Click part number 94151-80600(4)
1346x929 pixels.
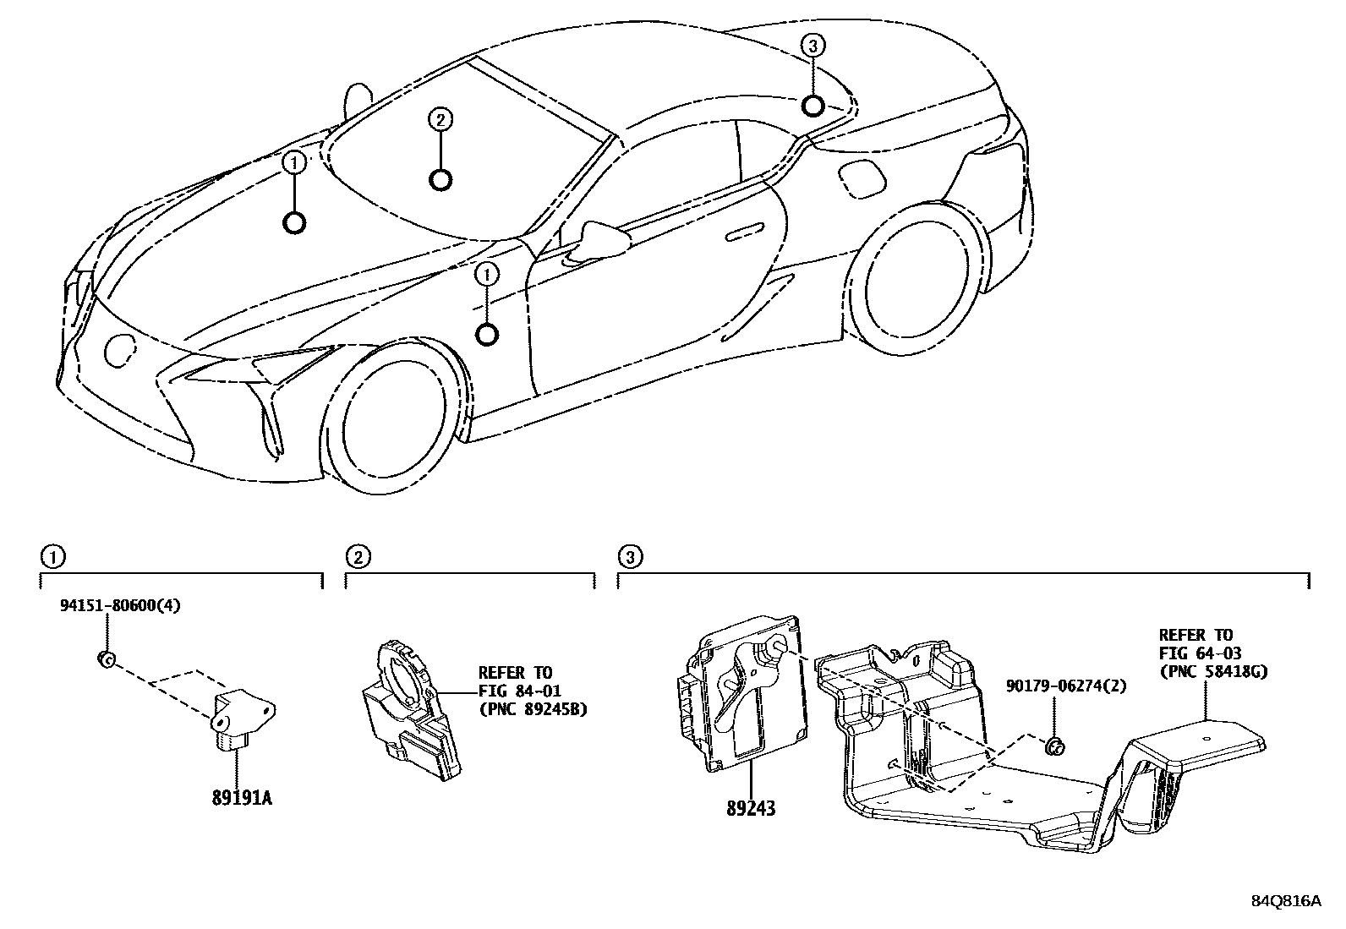tap(120, 605)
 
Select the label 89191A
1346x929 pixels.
tap(242, 797)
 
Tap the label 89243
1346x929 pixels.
tap(750, 809)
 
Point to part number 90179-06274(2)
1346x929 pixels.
tap(1066, 686)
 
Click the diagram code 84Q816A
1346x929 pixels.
tap(1286, 901)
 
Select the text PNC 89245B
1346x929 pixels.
tap(532, 709)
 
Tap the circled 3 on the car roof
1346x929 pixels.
tap(812, 46)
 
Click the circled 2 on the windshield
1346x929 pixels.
tap(439, 121)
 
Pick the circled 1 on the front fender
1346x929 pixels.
tap(487, 273)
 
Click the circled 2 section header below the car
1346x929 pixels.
tap(358, 556)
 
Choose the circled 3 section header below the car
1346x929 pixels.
tap(630, 556)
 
